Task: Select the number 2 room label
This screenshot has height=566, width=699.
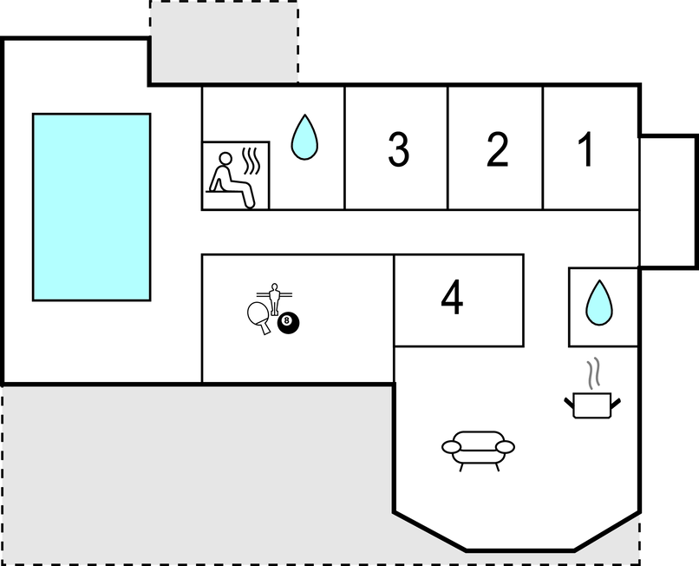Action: click(497, 149)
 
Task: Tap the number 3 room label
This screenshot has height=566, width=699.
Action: click(398, 149)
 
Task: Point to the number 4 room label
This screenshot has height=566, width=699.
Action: click(452, 297)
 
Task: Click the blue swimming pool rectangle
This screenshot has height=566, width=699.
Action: click(91, 207)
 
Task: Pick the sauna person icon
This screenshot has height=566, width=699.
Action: click(232, 180)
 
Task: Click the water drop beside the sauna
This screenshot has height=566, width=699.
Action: click(304, 137)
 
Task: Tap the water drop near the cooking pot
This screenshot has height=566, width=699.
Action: click(599, 302)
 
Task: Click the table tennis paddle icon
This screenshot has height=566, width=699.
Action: click(259, 317)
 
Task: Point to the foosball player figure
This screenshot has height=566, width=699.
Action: click(274, 298)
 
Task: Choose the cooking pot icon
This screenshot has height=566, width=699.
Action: click(592, 405)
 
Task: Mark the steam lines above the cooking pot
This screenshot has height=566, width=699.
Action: click(593, 373)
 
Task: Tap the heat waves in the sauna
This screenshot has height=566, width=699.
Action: click(251, 161)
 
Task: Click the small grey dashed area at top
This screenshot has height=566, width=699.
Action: click(224, 42)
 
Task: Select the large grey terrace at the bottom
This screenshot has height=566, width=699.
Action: click(196, 473)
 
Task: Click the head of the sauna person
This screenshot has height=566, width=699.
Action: click(225, 159)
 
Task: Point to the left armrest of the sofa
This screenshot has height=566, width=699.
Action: click(451, 446)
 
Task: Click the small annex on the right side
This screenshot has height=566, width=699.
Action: click(668, 201)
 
